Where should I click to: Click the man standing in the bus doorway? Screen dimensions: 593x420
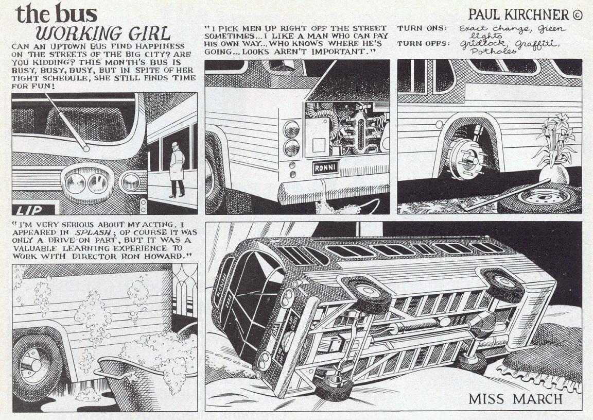point(176,170)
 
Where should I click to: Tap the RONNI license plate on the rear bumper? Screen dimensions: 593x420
point(325,167)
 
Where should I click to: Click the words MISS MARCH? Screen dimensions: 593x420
point(515,399)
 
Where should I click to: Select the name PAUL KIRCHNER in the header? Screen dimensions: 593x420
point(518,14)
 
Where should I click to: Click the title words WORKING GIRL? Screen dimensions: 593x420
point(103,33)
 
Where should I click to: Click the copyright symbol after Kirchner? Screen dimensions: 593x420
point(577,15)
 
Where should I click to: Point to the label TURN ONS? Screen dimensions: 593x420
point(422,28)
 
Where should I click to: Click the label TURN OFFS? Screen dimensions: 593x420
point(423,44)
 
